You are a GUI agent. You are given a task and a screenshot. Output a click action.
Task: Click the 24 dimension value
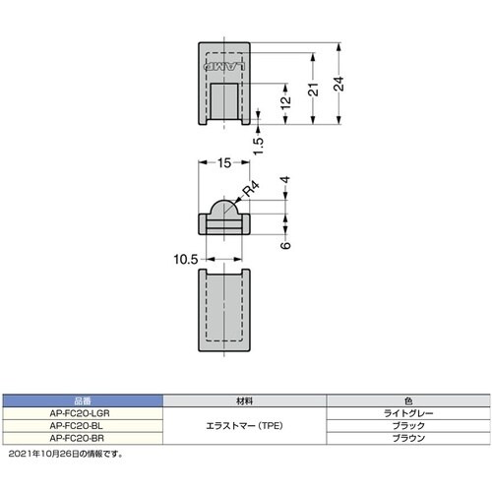click(x=338, y=86)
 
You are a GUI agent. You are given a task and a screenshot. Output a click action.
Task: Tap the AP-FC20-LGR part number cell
click(x=82, y=414)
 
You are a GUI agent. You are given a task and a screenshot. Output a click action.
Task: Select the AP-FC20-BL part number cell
click(x=82, y=425)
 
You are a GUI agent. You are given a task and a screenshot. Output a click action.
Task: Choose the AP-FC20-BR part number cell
click(x=82, y=437)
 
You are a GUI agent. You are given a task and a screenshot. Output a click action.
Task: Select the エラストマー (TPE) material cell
click(x=245, y=426)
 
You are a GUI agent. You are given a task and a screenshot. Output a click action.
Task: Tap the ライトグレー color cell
click(x=408, y=414)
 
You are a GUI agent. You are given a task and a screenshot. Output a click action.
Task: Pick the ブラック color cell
click(x=408, y=425)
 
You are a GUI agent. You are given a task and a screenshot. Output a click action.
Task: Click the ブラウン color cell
click(x=408, y=437)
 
